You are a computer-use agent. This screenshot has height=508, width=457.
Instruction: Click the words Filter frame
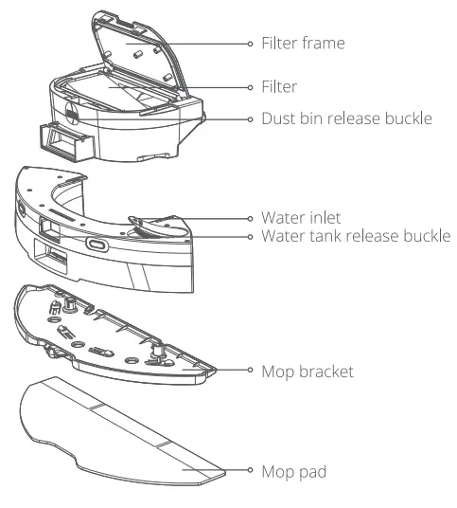click(304, 44)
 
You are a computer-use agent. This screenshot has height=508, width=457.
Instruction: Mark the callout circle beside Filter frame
click(250, 44)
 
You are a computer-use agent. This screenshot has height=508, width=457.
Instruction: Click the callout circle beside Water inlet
click(250, 216)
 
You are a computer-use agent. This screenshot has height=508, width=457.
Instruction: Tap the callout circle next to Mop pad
click(250, 470)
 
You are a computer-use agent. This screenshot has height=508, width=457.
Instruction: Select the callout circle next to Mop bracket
click(250, 372)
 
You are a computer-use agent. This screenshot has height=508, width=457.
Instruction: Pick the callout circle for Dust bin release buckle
click(250, 120)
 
